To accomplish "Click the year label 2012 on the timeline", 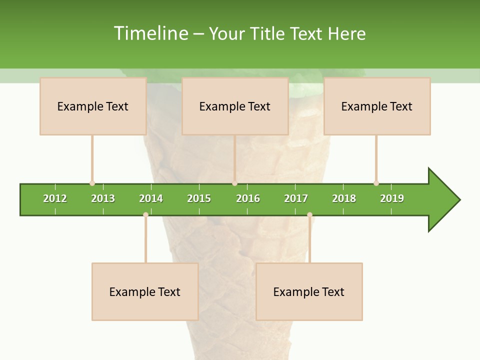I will point(55,198).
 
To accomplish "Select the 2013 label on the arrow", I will point(103,198).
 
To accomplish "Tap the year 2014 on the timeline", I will point(151,198).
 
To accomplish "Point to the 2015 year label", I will point(199,198).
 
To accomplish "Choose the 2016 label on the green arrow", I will point(248,198).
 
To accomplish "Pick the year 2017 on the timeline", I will point(296,198).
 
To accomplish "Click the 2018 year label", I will point(344,198).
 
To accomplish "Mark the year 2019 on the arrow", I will point(392,198).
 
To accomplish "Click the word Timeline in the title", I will point(150,33).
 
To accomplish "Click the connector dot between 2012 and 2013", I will point(92,183).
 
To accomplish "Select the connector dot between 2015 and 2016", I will point(234,183).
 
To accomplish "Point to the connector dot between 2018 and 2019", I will point(376,183).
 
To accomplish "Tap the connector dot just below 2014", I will point(145,214).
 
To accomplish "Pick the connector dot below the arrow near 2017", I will point(309,214).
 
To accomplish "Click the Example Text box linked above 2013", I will point(92,106).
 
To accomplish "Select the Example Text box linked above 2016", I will point(234,106).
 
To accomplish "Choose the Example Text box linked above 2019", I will point(376,106).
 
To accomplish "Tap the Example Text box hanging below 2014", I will point(145,291).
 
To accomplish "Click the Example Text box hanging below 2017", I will point(309,291).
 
